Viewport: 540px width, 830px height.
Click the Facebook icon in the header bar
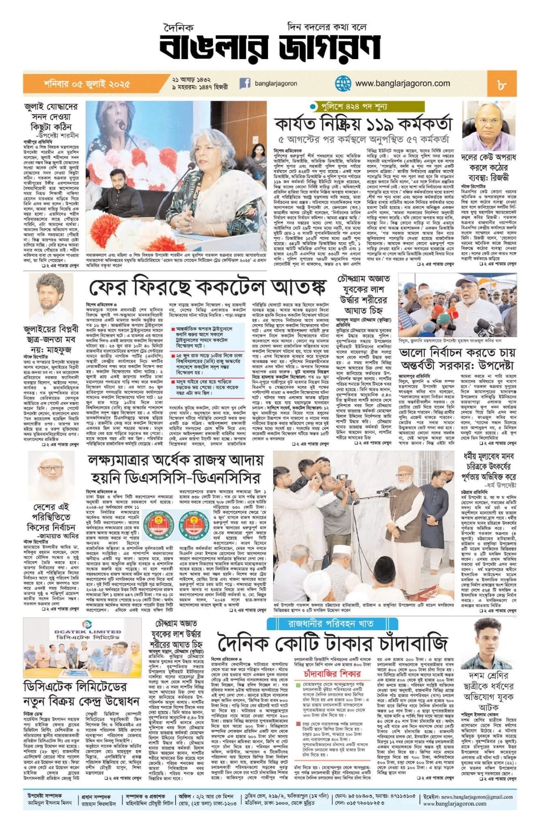(x=245, y=83)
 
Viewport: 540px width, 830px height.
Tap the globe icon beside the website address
(x=343, y=83)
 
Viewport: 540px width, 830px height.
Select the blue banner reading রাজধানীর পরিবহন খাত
(x=328, y=623)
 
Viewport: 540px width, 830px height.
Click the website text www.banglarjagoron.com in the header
(x=402, y=83)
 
